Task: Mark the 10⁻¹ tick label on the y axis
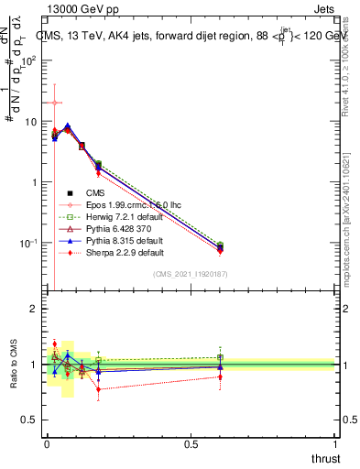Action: pyautogui.click(x=27, y=243)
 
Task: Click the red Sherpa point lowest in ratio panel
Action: pyautogui.click(x=98, y=389)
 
